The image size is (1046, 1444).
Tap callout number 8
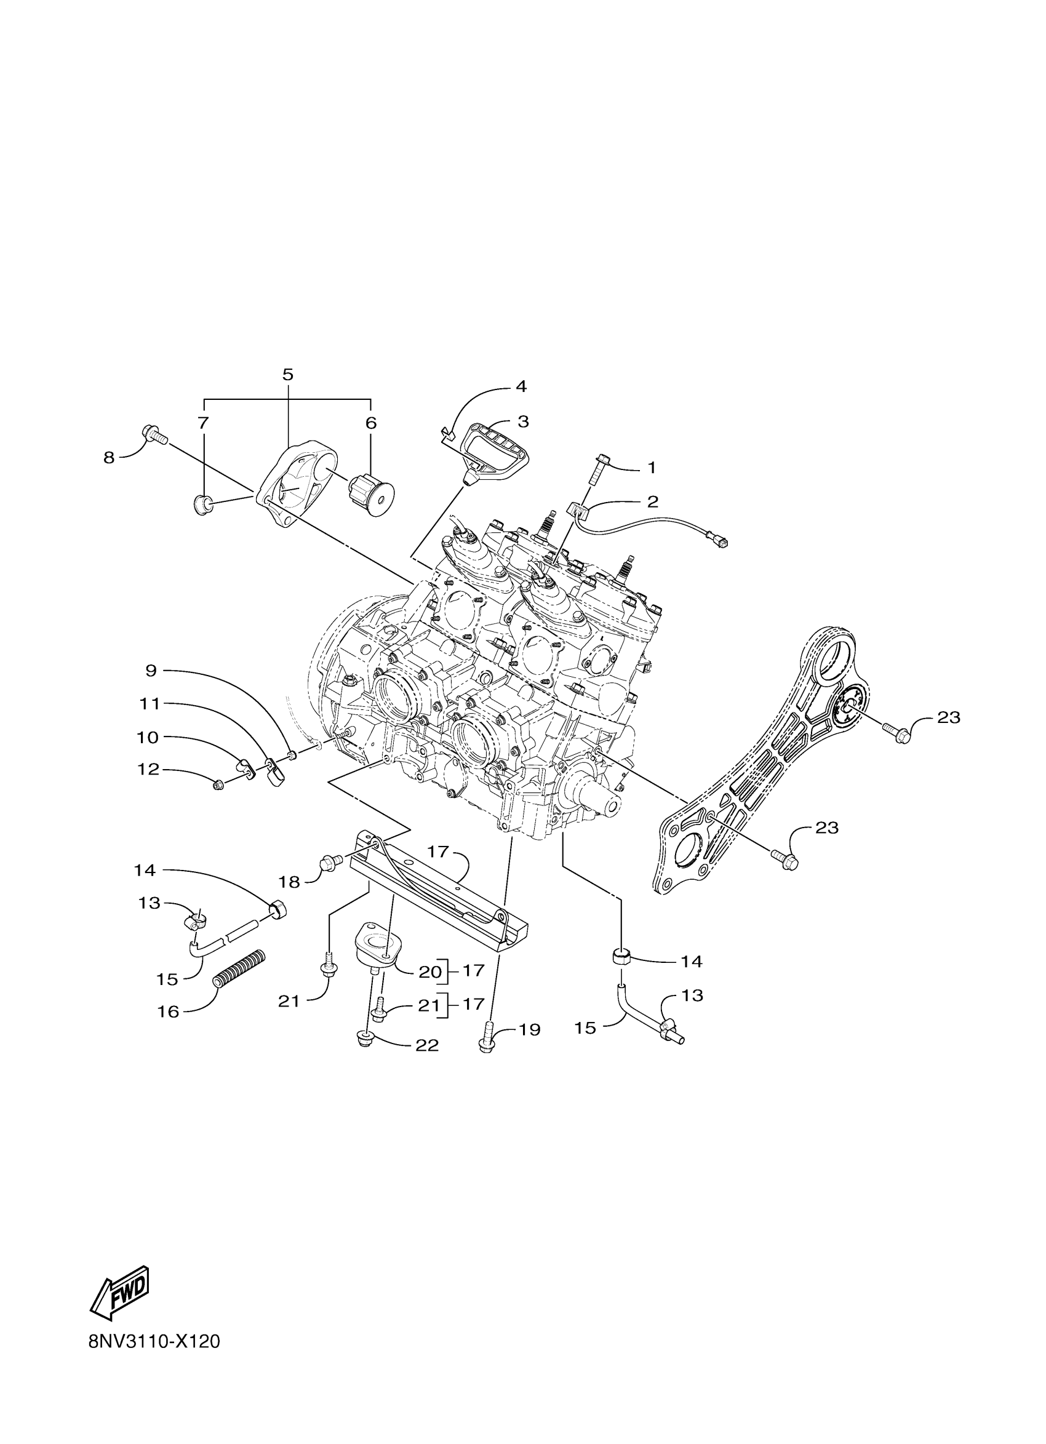pos(109,457)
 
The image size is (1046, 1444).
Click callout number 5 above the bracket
pos(288,374)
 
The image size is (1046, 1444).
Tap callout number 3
pos(524,421)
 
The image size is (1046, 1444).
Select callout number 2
pos(653,501)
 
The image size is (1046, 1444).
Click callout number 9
pos(151,671)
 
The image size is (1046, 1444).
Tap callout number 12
pos(148,770)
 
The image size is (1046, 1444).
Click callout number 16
pos(169,1010)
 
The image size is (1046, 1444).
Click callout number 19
pos(530,1029)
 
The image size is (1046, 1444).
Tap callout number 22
pos(427,1045)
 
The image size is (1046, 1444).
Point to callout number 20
pos(430,971)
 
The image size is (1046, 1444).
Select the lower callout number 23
pos(827,828)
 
